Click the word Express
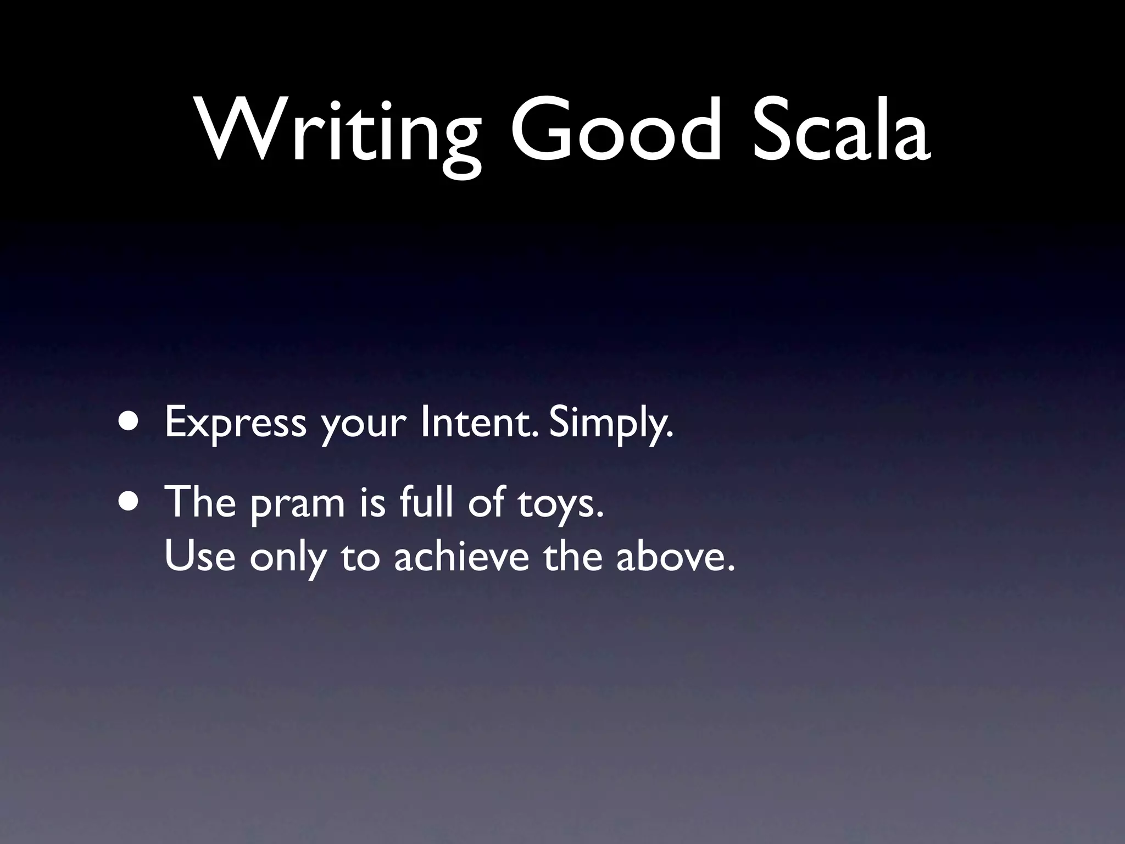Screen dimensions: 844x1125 tap(235, 423)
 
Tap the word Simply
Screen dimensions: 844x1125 tap(610, 424)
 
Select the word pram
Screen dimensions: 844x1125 tap(297, 503)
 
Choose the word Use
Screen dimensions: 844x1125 tap(199, 556)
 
